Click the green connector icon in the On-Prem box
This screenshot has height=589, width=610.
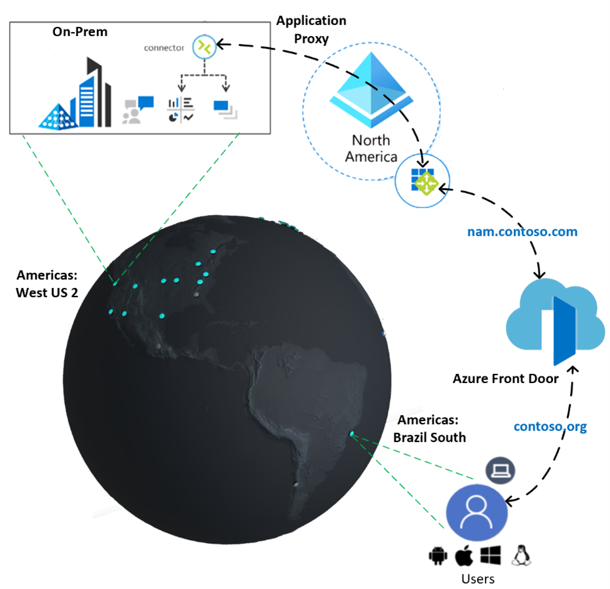[204, 46]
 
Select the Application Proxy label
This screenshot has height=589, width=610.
[311, 29]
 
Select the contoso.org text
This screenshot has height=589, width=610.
[550, 426]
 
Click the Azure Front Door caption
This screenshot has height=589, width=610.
[505, 378]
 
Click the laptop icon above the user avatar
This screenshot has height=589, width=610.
[501, 470]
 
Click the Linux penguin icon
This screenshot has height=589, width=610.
[522, 556]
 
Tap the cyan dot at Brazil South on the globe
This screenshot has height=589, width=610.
[353, 434]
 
